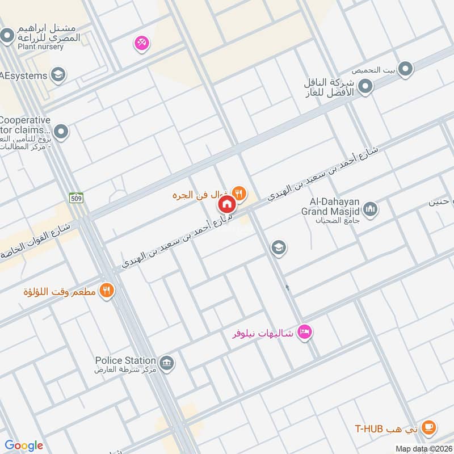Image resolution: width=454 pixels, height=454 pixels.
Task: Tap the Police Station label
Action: (x=125, y=360)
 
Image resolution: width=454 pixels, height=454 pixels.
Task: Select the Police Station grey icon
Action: (x=166, y=363)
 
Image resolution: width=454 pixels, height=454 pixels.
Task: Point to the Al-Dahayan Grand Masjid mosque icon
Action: (x=371, y=210)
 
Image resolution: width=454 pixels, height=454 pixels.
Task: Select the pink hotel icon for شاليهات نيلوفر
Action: (x=305, y=332)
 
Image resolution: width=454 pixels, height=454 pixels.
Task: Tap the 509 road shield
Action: (x=76, y=197)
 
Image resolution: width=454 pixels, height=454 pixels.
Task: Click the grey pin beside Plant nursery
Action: (x=7, y=37)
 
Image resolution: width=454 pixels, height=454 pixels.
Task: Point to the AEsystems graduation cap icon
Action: (x=57, y=74)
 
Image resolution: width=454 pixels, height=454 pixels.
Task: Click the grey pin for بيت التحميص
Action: (x=405, y=70)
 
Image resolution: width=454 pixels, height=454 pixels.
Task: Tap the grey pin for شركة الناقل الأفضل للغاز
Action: (x=367, y=87)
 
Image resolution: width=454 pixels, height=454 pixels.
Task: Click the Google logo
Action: (x=24, y=445)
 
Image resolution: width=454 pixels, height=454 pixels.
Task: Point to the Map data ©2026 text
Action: (x=423, y=448)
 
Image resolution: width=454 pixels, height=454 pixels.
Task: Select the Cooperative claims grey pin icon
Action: (x=61, y=133)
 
